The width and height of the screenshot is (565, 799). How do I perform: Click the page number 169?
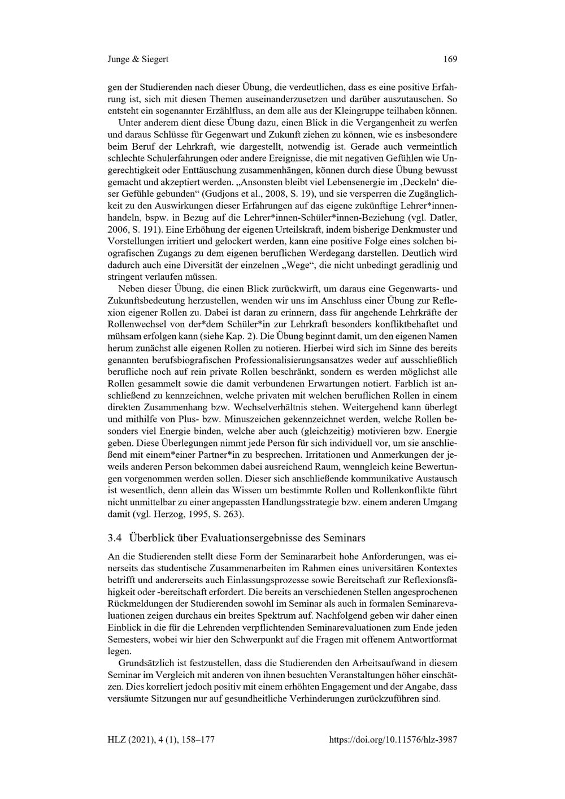click(x=450, y=59)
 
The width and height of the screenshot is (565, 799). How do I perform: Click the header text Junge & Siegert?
click(x=138, y=59)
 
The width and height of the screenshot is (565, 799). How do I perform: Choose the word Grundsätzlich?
click(x=146, y=662)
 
